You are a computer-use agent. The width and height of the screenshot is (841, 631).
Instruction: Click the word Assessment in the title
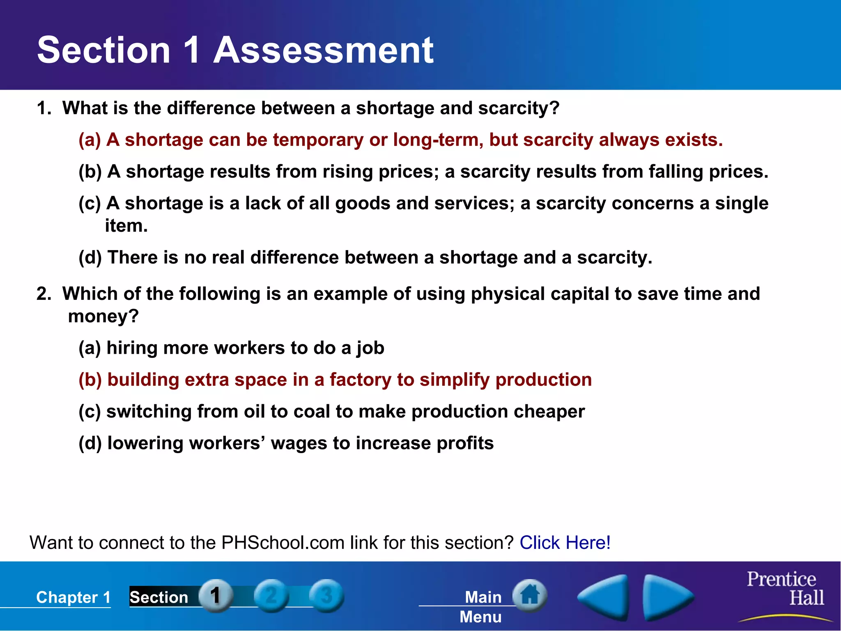(x=323, y=50)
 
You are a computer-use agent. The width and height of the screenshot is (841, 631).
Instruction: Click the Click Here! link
(x=565, y=543)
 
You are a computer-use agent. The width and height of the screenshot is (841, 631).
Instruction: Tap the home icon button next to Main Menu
(x=530, y=595)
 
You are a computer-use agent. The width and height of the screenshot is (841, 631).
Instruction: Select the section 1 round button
(x=216, y=595)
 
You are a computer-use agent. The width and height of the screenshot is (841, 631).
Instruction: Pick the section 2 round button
(x=271, y=595)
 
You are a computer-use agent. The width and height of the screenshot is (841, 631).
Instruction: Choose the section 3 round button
(x=326, y=595)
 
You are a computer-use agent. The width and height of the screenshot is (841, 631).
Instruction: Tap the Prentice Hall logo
(x=784, y=590)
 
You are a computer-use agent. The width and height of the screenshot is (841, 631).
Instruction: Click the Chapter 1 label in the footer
(x=74, y=597)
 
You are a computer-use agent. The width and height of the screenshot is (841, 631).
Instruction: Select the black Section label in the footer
(x=159, y=597)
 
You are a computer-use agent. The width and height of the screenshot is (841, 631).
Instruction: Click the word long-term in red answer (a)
(x=437, y=140)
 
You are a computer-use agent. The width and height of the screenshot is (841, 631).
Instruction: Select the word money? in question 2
(x=103, y=317)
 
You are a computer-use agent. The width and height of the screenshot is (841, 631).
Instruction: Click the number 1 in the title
(x=192, y=50)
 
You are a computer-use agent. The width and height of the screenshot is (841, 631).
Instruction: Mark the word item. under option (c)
(x=126, y=226)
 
